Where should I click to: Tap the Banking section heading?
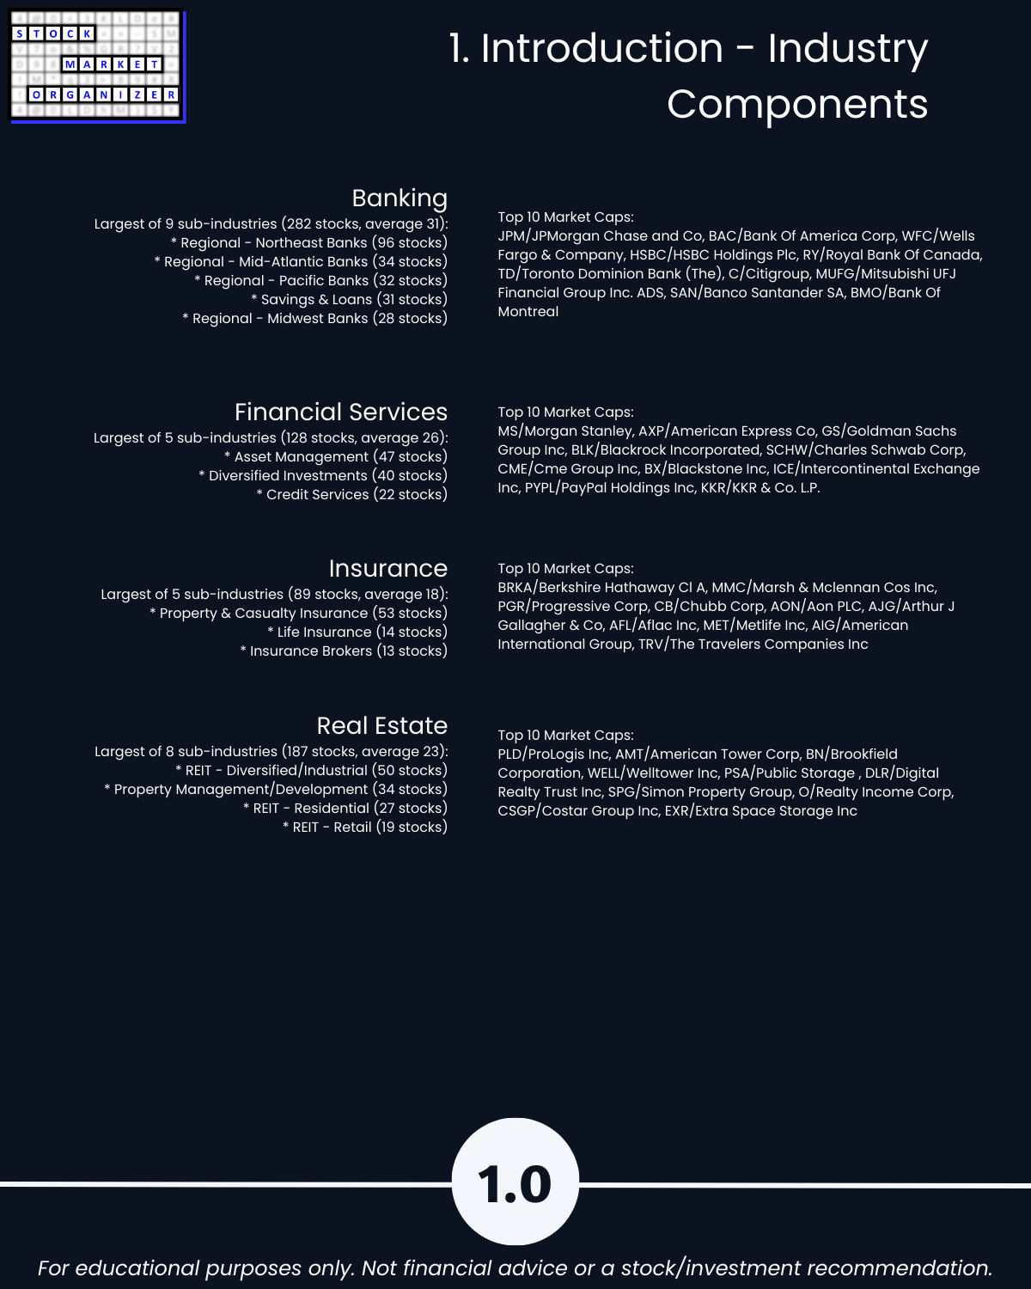(400, 199)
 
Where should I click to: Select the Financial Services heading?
(341, 412)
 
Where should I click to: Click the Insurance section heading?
(387, 569)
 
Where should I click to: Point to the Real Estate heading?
(381, 726)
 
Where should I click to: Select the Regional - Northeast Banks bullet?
(309, 243)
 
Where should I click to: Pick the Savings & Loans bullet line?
(349, 300)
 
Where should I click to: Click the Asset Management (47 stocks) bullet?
(336, 457)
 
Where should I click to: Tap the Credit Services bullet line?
(351, 495)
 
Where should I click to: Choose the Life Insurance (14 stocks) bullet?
(357, 632)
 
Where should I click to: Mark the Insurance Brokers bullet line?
(344, 651)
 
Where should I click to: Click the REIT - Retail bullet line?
(365, 828)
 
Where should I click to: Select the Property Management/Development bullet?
(276, 790)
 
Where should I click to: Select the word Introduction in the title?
(601, 48)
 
